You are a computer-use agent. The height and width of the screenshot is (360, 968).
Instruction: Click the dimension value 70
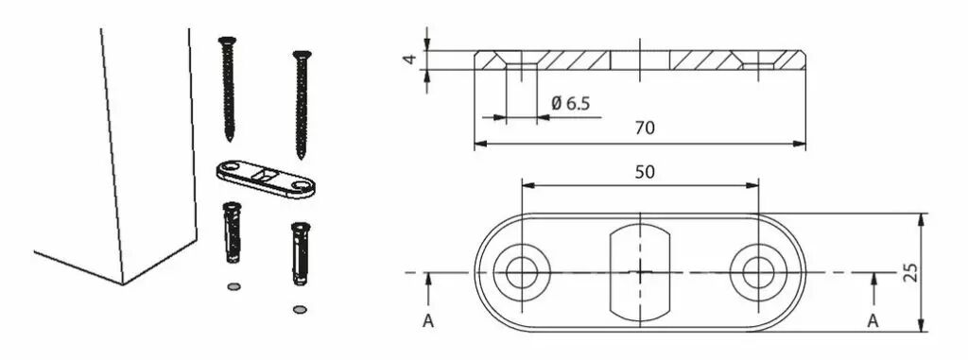click(x=645, y=128)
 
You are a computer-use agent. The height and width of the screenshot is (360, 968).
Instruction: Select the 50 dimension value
click(x=645, y=172)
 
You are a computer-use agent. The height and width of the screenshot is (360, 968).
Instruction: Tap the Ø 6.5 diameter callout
click(x=570, y=103)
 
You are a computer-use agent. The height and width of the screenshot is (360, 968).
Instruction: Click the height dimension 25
click(x=910, y=272)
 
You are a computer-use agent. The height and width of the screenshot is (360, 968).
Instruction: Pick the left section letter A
click(x=428, y=321)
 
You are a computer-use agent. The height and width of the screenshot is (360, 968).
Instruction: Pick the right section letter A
click(x=873, y=321)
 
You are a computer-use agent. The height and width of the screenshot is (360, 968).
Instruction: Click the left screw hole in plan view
click(x=522, y=272)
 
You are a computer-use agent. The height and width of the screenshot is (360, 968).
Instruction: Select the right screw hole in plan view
click(x=758, y=272)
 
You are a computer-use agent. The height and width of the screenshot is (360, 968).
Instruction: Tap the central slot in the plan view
click(x=640, y=272)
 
